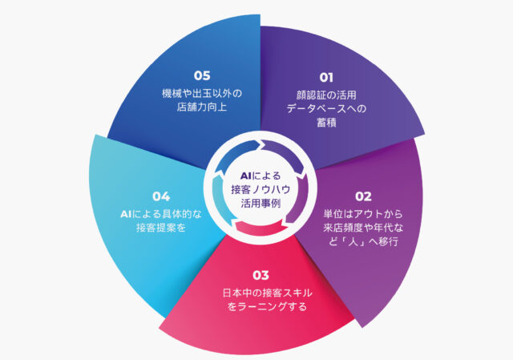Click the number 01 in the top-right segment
click(x=326, y=78)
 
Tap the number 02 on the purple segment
click(x=363, y=196)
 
